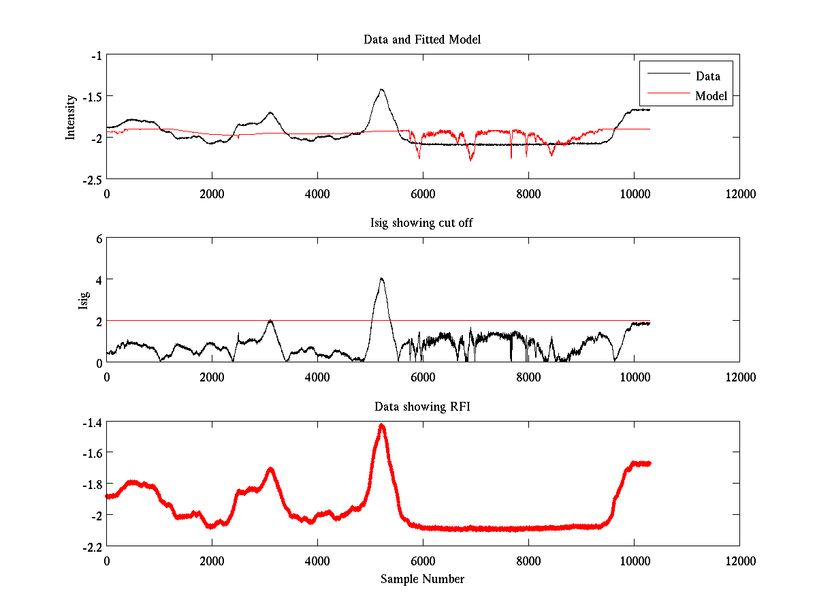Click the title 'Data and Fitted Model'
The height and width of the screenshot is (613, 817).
[422, 40]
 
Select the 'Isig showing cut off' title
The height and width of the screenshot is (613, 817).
[422, 223]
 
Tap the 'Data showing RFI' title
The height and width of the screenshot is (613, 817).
[422, 407]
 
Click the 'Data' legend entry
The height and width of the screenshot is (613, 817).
[707, 76]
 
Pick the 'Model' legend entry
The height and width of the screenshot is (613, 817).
[711, 96]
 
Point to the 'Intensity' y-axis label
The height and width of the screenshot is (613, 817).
[70, 117]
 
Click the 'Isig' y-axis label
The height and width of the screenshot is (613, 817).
[83, 300]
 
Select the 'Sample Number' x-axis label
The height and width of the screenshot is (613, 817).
[422, 579]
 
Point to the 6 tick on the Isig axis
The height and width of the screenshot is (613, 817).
[99, 239]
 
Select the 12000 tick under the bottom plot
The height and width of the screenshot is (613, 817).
[739, 561]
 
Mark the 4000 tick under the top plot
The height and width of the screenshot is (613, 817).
[317, 193]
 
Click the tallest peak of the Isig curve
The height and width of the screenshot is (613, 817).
[382, 278]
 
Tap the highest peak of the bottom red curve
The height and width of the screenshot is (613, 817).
[382, 425]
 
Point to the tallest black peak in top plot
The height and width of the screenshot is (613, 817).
[382, 89]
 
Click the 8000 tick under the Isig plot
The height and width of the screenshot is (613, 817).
[528, 377]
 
